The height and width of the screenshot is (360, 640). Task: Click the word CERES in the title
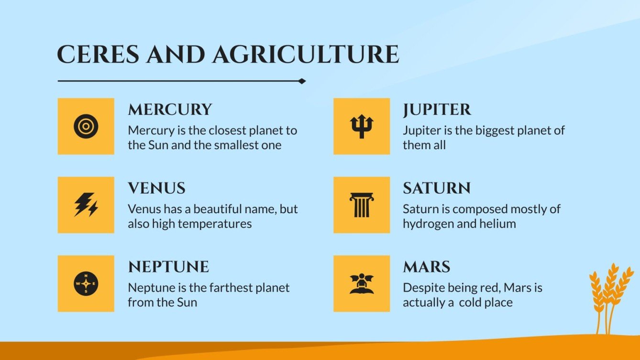click(x=99, y=55)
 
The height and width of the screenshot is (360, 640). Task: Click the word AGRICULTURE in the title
click(x=306, y=55)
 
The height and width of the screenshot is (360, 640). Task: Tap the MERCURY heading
click(x=170, y=109)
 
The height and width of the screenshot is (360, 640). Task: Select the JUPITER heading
click(x=437, y=109)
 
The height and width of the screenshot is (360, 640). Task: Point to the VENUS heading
click(x=156, y=188)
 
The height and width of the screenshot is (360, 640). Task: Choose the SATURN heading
click(x=437, y=188)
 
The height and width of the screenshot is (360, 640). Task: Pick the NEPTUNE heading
click(x=168, y=266)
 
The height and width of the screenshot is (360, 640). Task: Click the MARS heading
click(x=427, y=266)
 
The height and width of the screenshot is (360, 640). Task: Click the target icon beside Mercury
click(x=86, y=126)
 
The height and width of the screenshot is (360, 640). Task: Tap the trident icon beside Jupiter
click(x=362, y=126)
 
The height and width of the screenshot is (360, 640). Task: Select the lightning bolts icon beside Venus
click(x=86, y=205)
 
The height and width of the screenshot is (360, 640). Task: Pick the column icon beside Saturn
click(x=362, y=205)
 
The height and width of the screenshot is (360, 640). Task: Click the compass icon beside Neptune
click(x=86, y=284)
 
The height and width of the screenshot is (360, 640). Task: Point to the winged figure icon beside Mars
click(x=362, y=284)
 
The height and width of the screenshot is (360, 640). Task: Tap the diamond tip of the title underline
click(x=302, y=81)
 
